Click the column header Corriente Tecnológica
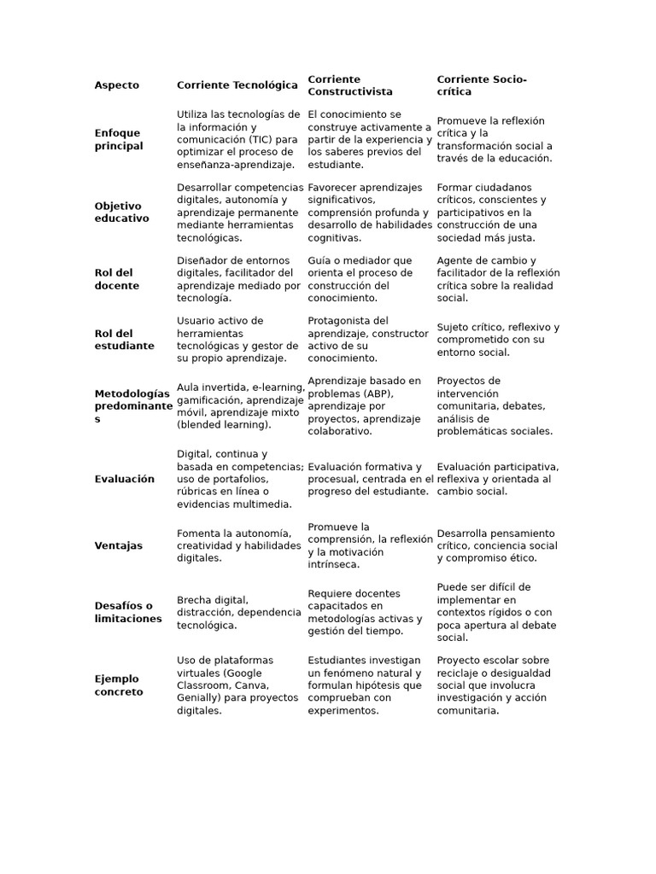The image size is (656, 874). (x=237, y=85)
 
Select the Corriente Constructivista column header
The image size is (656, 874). (x=350, y=85)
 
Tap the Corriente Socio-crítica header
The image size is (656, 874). (x=482, y=85)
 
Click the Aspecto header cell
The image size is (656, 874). (x=117, y=85)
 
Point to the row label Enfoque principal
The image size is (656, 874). (x=119, y=139)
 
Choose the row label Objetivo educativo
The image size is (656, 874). (x=121, y=212)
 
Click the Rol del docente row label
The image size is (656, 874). (x=116, y=279)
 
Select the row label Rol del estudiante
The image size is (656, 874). (x=125, y=340)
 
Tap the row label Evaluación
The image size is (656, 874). (x=125, y=479)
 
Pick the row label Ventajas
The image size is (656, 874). (x=119, y=545)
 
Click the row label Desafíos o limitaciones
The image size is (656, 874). (x=128, y=612)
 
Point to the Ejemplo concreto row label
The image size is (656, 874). (x=119, y=685)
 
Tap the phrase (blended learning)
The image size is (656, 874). (x=224, y=425)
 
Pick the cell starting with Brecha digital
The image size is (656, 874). (x=238, y=612)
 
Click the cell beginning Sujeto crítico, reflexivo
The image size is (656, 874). (x=498, y=340)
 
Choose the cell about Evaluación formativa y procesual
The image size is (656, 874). (x=370, y=479)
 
